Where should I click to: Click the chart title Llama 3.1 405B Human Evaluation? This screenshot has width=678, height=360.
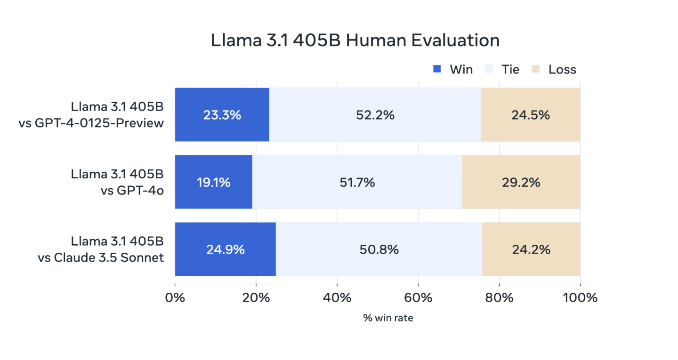point(355,40)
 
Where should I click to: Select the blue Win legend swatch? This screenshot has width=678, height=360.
point(437,70)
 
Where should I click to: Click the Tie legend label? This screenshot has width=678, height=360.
point(510,70)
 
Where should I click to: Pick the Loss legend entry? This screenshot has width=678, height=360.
point(562,70)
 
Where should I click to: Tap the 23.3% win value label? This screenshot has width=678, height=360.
point(222,115)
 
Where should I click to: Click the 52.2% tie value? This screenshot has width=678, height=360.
point(375,115)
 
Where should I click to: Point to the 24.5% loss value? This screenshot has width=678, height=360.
point(530,115)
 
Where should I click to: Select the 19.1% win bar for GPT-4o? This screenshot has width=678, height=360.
point(214,182)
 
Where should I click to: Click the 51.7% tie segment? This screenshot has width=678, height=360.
point(357,182)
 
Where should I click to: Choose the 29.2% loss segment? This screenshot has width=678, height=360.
point(521,182)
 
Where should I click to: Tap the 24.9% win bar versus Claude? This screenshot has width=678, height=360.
point(225,249)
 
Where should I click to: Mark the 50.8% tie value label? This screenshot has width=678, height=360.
point(379,249)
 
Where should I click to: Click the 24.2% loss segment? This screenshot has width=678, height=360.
point(531,249)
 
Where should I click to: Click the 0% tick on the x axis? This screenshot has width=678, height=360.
point(175,298)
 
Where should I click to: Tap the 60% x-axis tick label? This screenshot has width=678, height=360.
point(418,298)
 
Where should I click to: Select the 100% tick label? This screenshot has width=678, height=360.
point(580,298)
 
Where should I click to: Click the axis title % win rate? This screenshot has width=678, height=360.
point(388,318)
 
